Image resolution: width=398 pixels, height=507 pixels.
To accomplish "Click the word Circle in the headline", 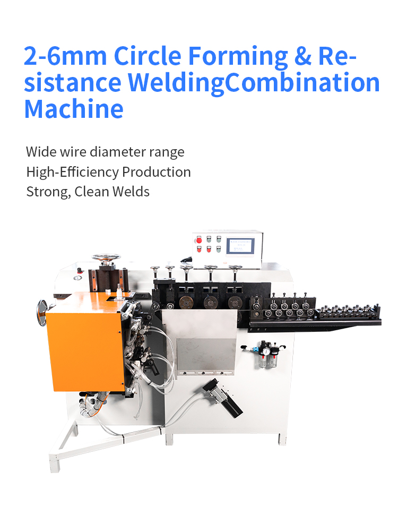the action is (148, 56).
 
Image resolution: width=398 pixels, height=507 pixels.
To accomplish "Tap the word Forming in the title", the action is (238, 57).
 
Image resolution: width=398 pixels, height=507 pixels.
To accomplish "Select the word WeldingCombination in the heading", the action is (254, 83).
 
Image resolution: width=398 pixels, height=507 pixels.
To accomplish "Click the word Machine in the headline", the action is (74, 109).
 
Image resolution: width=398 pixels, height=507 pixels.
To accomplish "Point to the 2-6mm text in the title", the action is (65, 56).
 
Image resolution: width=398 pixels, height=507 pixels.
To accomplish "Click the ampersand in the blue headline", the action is (303, 56).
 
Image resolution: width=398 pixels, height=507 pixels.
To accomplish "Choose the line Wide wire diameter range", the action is (105, 152).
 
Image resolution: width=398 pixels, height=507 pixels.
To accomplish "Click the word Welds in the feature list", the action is (131, 192).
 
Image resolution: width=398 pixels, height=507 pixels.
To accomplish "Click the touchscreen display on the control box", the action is (240, 246).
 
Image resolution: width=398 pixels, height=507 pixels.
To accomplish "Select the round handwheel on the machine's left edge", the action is (42, 313).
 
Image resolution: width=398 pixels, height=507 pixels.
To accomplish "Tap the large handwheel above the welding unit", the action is (106, 257).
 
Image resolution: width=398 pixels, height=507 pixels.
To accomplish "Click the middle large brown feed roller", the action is (211, 303).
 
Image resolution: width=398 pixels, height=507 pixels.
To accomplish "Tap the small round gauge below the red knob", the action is (77, 278).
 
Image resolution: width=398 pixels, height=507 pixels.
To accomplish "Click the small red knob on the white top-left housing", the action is (79, 271).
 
